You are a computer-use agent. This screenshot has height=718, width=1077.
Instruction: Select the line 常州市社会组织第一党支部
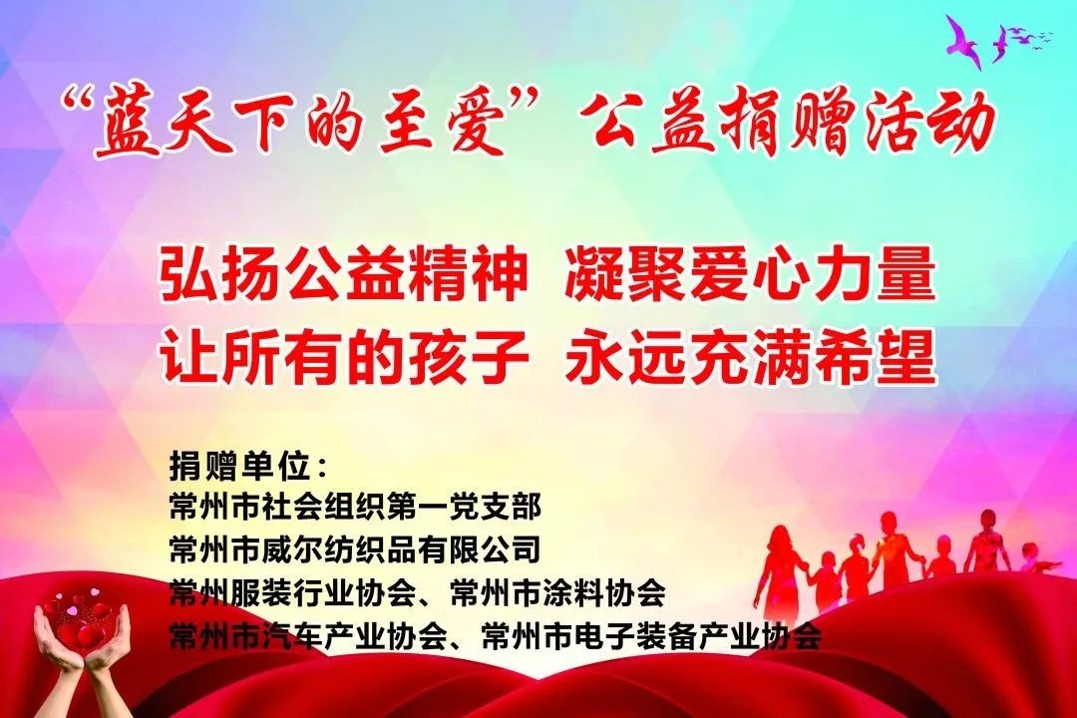click(356, 507)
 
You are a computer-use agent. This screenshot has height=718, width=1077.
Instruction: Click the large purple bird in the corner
click(966, 40)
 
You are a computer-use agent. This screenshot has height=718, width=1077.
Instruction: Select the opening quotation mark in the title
click(76, 100)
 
